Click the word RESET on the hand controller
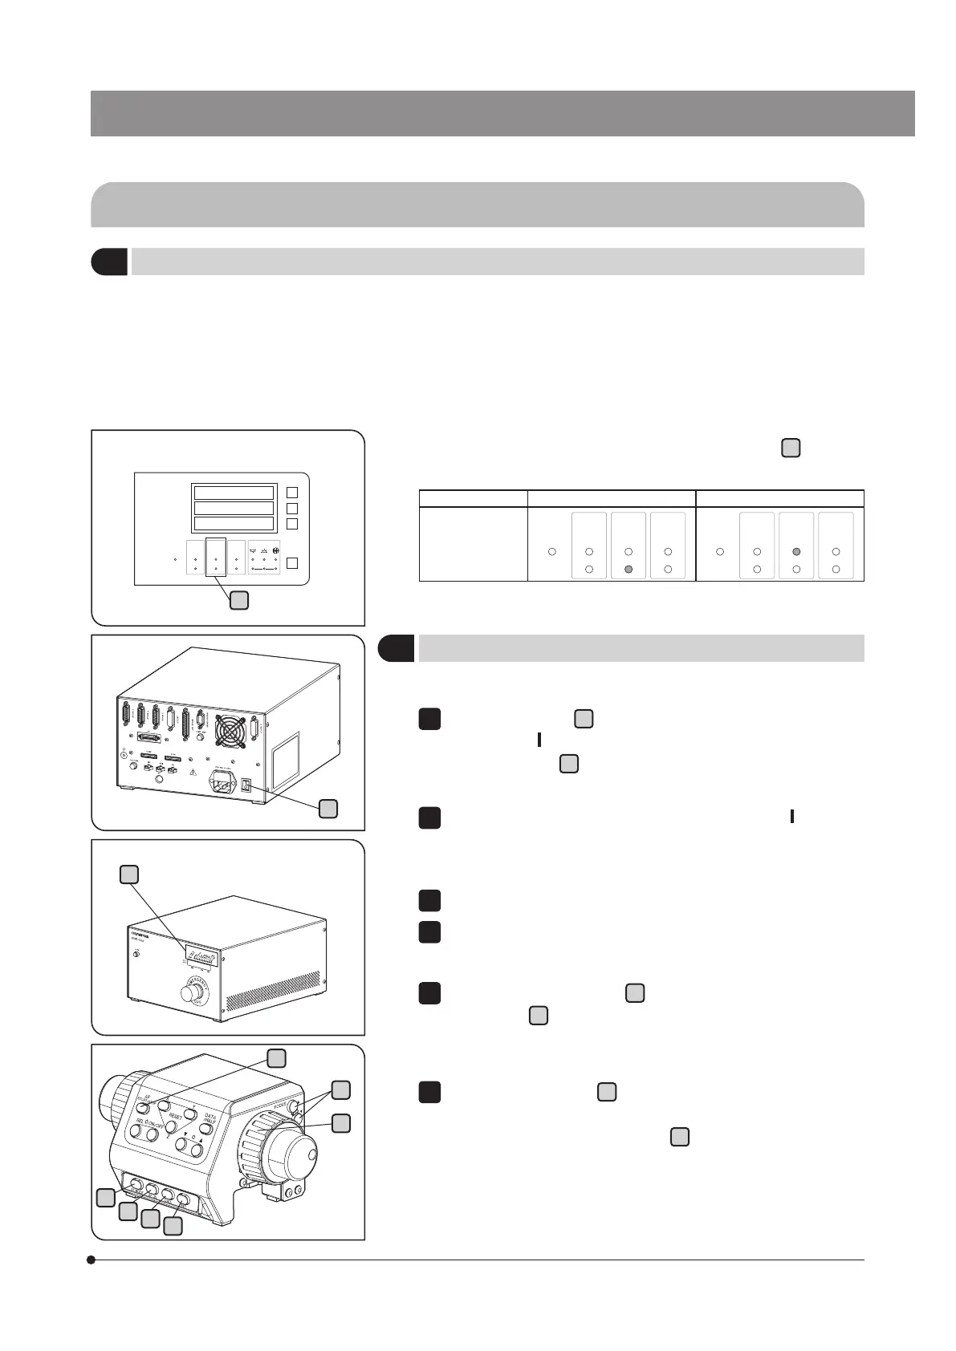pos(176,1116)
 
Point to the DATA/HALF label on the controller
pos(210,1119)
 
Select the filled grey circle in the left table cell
pos(629,569)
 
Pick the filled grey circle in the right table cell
pos(797,552)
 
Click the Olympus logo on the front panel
pos(143,935)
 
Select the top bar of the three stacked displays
pos(234,493)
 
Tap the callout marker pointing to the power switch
pos(327,809)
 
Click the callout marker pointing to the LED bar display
pos(129,874)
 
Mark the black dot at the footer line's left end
pos(92,1260)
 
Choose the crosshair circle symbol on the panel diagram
pos(276,550)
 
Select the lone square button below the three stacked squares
pos(293,562)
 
